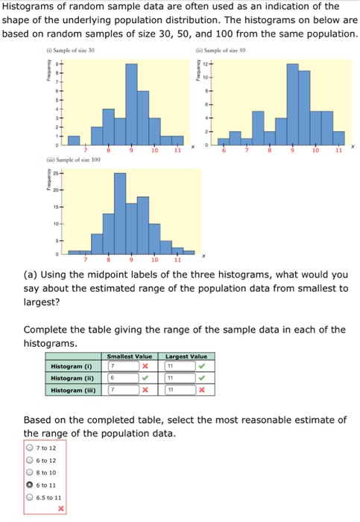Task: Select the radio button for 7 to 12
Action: [30, 448]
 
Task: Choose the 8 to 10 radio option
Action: [30, 472]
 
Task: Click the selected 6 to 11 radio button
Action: [30, 484]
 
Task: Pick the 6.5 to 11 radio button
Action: [30, 496]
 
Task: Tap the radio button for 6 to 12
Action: [30, 460]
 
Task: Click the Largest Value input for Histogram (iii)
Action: [179, 390]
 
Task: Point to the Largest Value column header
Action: [186, 356]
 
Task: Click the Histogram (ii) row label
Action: [72, 378]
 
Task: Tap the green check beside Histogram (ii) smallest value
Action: [147, 378]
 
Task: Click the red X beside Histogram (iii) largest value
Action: [201, 390]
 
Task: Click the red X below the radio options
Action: [61, 509]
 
